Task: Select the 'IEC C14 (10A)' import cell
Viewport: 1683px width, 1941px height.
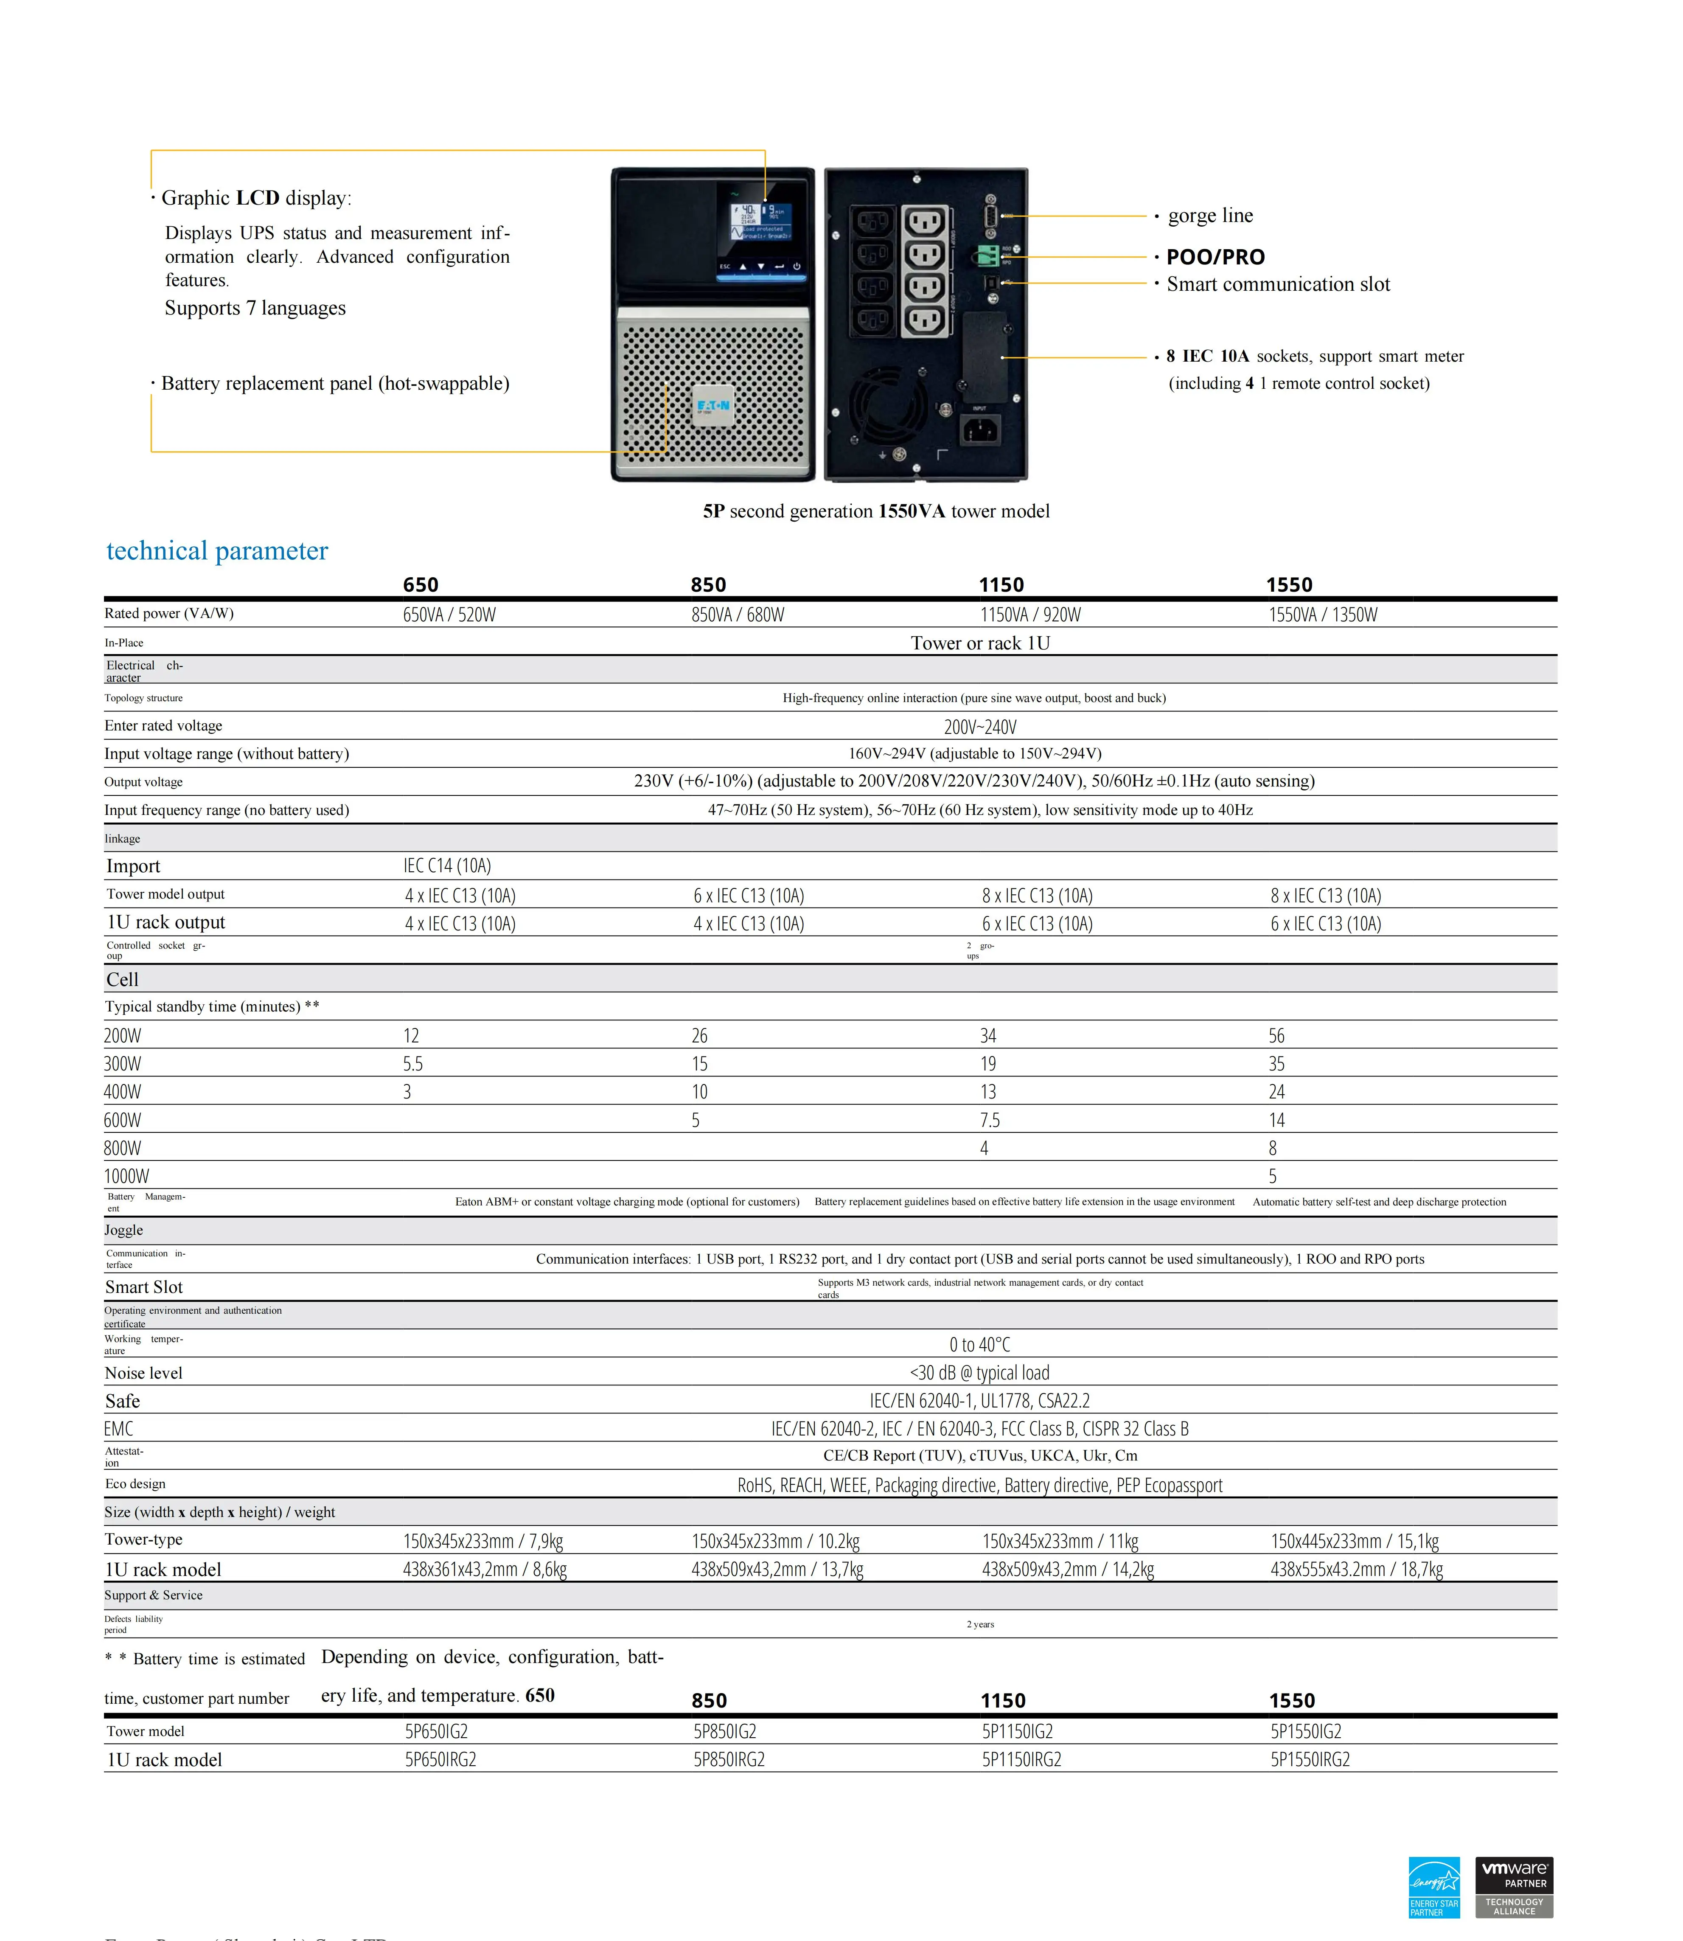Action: (x=447, y=865)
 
